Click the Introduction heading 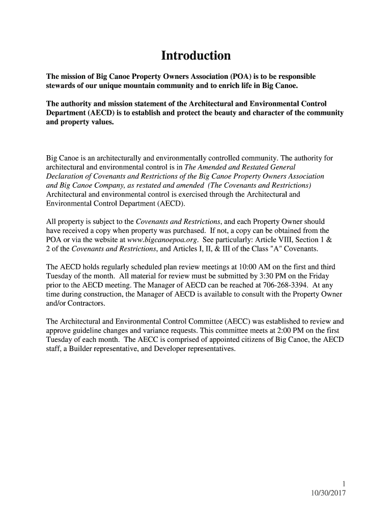point(196,55)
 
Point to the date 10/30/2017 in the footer point(327,493)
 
